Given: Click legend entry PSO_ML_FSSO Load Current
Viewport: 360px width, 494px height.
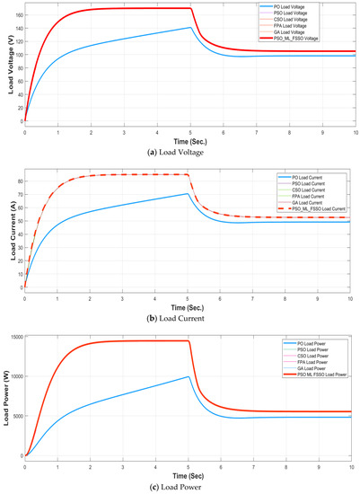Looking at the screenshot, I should coord(311,208).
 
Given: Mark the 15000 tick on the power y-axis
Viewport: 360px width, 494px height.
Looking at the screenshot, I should coord(16,336).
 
